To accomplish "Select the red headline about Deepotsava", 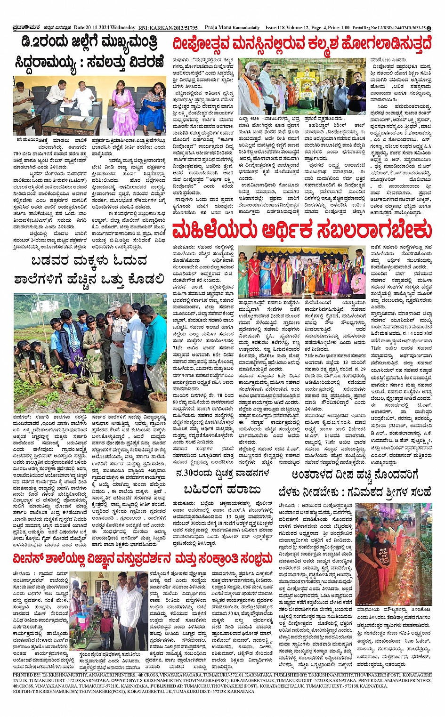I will click(x=301, y=44).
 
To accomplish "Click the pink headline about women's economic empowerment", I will click(x=301, y=231).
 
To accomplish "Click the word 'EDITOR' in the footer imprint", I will click(x=22, y=691).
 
